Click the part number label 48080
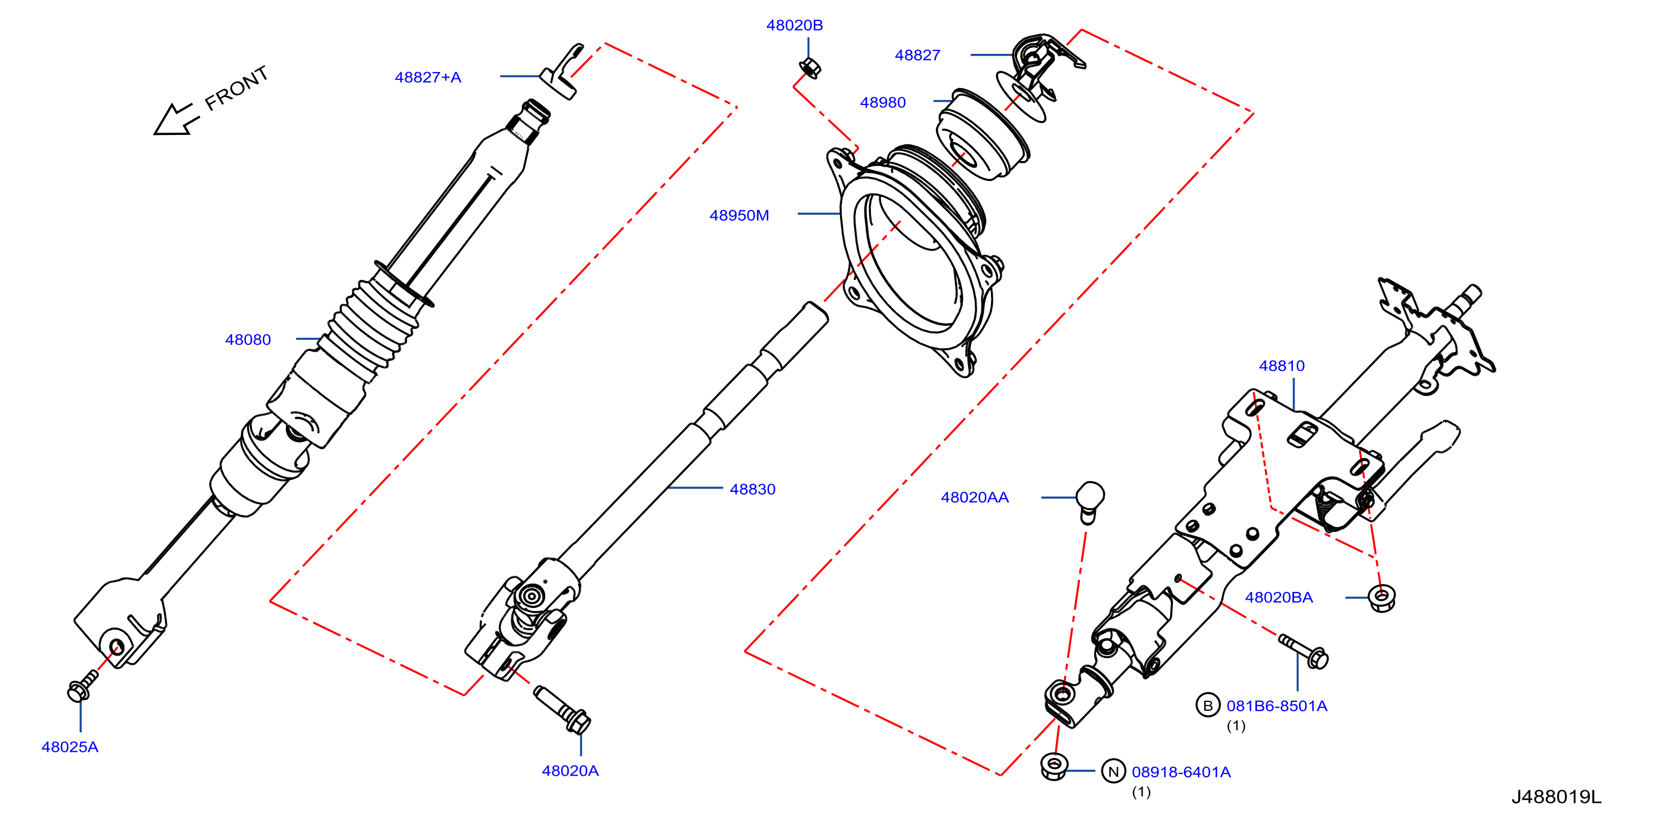248,340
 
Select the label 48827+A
427,78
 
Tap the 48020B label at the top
794,25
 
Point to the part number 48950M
739,215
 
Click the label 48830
752,489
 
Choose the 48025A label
70,747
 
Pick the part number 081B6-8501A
1277,706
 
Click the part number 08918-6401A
1181,772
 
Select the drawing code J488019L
1556,797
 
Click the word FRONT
236,88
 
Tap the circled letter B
1207,706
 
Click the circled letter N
1113,772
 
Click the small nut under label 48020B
810,68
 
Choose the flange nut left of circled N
1054,766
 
